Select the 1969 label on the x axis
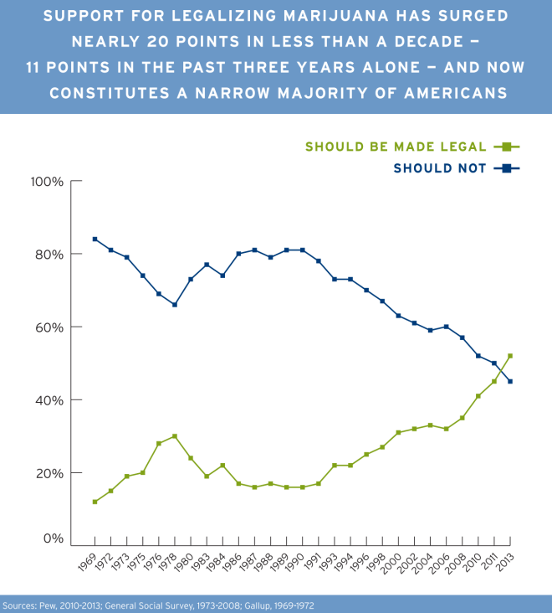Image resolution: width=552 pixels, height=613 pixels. coord(88,560)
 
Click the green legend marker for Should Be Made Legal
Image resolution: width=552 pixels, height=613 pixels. coord(507,147)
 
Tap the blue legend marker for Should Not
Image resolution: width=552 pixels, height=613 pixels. coord(507,168)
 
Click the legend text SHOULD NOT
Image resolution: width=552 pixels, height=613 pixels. coord(440,168)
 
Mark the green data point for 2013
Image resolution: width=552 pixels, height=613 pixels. coord(510,356)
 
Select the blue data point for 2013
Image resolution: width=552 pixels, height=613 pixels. coord(510,381)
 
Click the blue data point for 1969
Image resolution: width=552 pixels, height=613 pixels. coord(95,240)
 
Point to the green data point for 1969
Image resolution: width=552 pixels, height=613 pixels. coord(95,502)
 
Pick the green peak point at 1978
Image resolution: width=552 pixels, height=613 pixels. coord(175,436)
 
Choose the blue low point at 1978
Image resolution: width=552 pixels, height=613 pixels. coord(175,305)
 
